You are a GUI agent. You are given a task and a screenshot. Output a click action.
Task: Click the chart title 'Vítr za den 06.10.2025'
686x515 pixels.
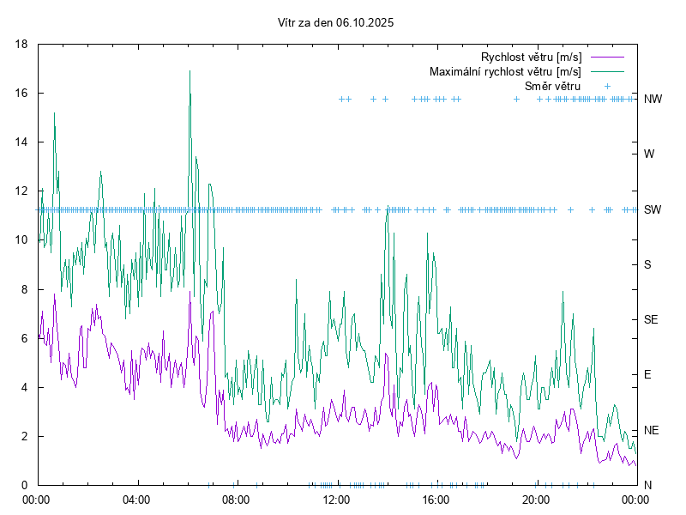coord(336,23)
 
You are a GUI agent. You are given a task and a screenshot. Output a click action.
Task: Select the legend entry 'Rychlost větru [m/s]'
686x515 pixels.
coord(531,57)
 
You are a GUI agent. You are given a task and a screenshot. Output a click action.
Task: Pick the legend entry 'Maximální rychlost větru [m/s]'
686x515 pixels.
coord(505,71)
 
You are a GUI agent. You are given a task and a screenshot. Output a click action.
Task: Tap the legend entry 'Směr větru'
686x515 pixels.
coord(552,86)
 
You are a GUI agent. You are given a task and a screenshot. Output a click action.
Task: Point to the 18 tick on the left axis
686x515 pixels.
coord(23,44)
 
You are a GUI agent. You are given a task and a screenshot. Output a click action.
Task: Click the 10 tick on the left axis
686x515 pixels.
coord(23,240)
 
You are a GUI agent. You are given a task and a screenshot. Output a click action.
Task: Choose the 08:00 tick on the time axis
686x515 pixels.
coord(235,499)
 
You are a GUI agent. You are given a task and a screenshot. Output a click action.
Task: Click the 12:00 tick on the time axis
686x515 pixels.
coord(335,499)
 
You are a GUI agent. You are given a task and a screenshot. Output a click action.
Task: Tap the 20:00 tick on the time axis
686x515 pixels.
coord(535,499)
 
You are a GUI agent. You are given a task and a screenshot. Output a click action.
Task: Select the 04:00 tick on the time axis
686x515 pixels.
coord(135,499)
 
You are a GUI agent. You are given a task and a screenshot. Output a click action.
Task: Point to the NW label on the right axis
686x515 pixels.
coord(653,100)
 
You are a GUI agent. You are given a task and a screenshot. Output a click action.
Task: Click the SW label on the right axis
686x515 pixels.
coord(653,209)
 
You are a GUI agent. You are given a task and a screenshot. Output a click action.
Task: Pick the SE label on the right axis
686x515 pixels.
coord(651,319)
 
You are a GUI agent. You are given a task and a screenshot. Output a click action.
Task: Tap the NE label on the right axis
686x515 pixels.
coord(651,430)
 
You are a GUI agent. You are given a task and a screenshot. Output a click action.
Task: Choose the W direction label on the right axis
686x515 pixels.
coord(649,154)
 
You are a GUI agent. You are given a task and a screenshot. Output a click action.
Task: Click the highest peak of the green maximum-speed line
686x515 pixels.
coord(190,71)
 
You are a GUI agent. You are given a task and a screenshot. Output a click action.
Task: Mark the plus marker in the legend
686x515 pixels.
coord(606,86)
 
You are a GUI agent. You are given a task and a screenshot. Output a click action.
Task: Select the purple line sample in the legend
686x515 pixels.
coord(606,57)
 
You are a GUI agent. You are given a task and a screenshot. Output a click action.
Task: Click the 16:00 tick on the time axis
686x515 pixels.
coord(436,499)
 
